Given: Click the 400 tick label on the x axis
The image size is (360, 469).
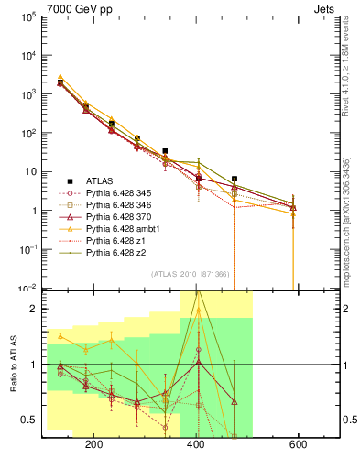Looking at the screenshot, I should click(x=196, y=444).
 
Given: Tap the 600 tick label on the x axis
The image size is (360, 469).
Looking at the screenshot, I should click(x=298, y=444).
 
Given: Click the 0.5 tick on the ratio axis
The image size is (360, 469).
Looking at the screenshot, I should click(x=30, y=420).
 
